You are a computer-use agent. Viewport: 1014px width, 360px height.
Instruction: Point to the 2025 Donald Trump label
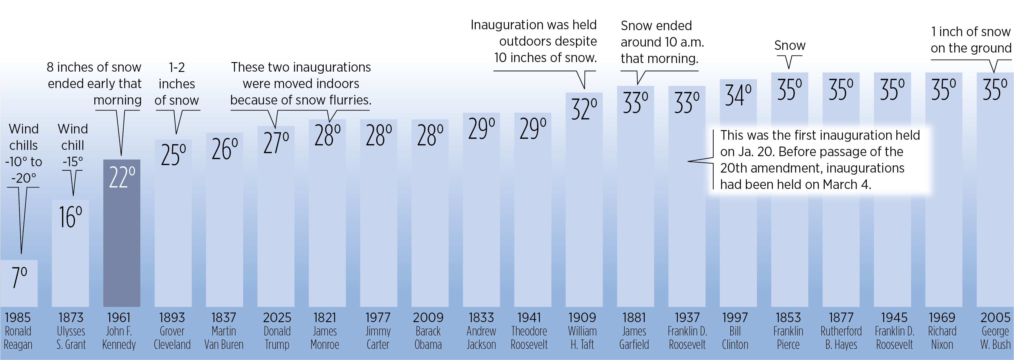click(277, 331)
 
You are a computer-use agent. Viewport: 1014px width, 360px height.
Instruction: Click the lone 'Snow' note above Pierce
click(790, 46)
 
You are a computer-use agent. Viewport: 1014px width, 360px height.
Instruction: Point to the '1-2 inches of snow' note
click(177, 84)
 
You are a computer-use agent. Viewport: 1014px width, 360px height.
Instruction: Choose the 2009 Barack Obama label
click(428, 331)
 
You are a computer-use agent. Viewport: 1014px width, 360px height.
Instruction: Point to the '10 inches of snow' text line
click(545, 58)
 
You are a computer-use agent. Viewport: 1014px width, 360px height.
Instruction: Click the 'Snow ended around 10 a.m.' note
click(662, 42)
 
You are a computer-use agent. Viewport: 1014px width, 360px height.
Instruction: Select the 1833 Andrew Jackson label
click(481, 331)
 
